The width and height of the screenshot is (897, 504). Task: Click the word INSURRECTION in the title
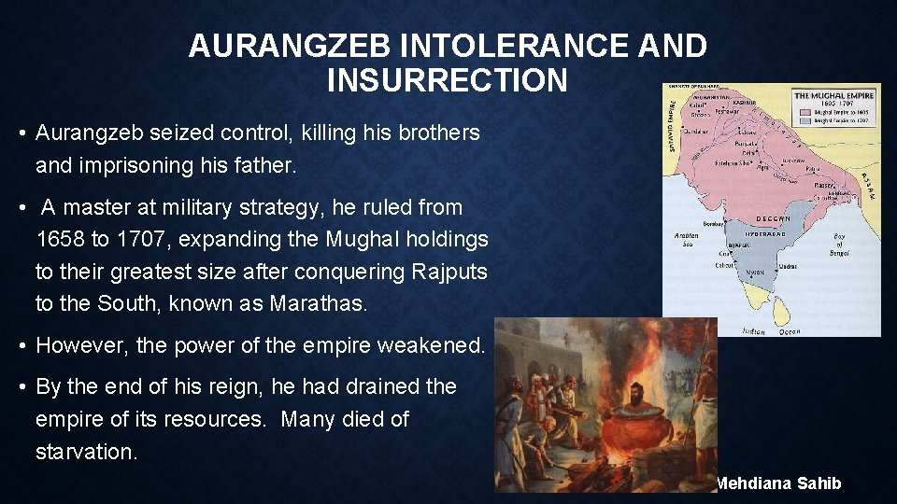[x=448, y=80]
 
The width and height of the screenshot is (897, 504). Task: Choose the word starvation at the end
[x=86, y=452]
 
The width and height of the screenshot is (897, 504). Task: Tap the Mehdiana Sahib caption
[x=777, y=483]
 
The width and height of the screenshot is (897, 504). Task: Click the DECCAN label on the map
[x=772, y=218]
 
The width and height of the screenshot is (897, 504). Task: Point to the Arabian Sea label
[x=686, y=240]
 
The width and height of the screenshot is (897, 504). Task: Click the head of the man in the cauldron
[x=640, y=391]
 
